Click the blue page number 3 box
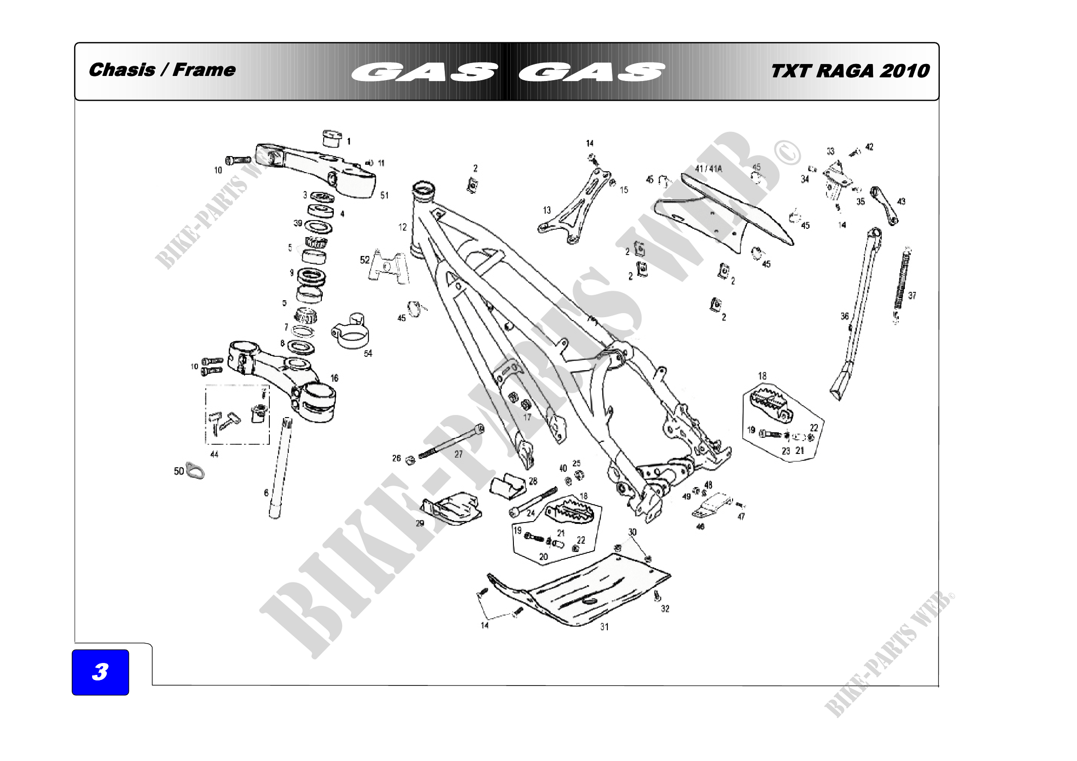point(100,671)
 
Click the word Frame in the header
point(204,70)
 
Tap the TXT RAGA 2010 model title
point(850,71)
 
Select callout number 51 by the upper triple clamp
point(384,195)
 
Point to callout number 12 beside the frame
point(402,227)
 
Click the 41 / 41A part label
point(708,169)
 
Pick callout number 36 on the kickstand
point(844,316)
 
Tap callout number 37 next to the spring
point(912,296)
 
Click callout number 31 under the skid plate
point(604,627)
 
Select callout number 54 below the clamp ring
point(368,353)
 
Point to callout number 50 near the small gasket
point(179,471)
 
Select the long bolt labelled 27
point(450,441)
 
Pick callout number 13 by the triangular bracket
point(547,210)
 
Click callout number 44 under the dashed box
point(214,454)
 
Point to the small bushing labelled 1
point(332,139)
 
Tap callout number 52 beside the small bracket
point(365,260)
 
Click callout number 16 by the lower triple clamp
point(334,378)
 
